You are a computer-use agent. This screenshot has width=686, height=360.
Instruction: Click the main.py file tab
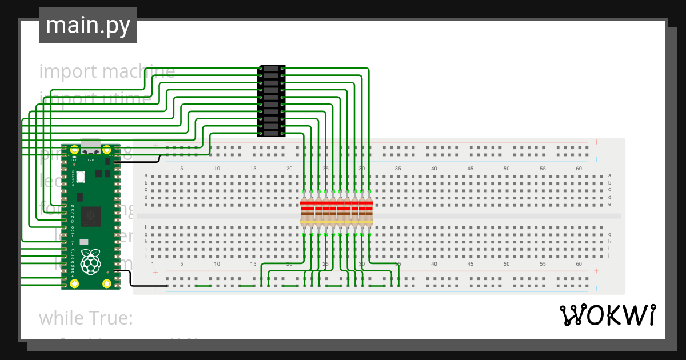[87, 25]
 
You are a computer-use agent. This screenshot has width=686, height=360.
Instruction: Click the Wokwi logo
[607, 315]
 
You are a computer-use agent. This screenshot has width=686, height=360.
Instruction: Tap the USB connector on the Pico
[90, 146]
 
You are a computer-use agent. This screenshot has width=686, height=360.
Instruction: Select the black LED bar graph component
[271, 101]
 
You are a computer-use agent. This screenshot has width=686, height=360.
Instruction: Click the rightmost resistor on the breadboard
[369, 212]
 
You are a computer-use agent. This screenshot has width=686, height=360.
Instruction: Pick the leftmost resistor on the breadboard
[304, 212]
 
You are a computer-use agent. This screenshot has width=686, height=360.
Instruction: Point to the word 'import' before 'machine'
[67, 71]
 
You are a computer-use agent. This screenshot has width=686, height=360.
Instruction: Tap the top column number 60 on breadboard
[579, 169]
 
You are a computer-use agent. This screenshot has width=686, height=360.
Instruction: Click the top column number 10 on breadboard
[217, 169]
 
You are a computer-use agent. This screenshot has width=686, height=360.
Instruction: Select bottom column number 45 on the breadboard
[470, 264]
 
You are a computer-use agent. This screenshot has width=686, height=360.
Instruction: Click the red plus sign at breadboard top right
[596, 142]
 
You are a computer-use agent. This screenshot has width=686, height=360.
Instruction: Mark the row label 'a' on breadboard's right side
[609, 175]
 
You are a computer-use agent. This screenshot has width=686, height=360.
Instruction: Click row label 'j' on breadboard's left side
[146, 256]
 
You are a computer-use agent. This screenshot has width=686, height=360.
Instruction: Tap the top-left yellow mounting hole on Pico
[74, 150]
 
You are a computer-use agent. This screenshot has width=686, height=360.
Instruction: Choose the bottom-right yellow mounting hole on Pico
[106, 283]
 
